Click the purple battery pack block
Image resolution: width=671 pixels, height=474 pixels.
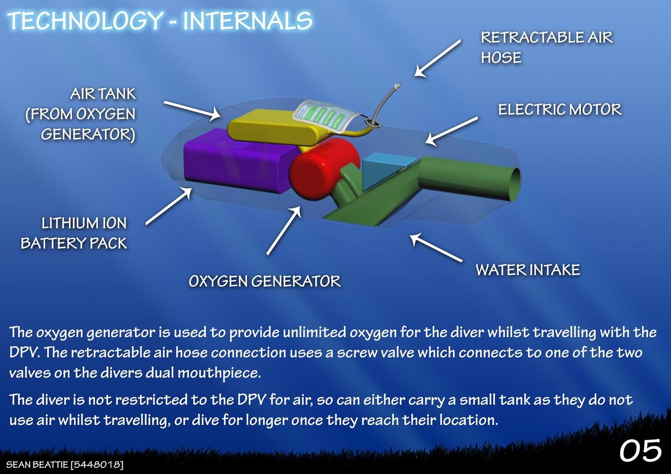(237, 162)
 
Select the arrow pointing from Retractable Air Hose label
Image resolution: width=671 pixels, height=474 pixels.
(437, 58)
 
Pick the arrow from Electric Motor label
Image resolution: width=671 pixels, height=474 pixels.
(451, 131)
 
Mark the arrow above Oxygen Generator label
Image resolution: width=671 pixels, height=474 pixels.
(284, 230)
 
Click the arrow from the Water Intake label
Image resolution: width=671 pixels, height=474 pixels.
(436, 248)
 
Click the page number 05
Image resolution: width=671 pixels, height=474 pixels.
(640, 451)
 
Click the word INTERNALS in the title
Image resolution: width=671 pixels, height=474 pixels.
(247, 21)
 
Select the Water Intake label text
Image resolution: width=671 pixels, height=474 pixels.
(528, 270)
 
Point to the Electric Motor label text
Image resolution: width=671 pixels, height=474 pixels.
(560, 110)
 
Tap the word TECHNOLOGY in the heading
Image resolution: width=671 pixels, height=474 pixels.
(85, 21)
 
